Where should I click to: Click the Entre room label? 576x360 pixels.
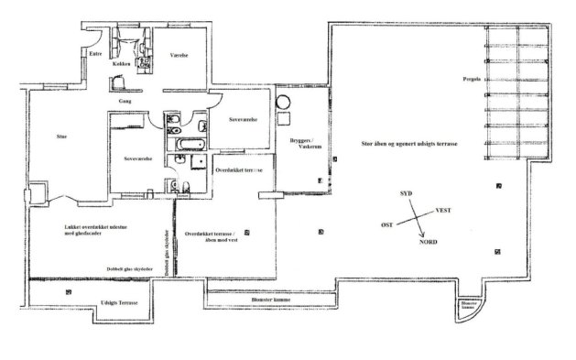92,54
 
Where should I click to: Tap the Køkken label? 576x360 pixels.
123,64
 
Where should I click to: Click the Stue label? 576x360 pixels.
61,136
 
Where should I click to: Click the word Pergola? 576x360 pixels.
473,79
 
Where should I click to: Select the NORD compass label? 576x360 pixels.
426,245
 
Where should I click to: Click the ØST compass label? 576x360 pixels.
387,224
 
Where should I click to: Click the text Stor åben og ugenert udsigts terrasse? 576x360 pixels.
409,146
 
